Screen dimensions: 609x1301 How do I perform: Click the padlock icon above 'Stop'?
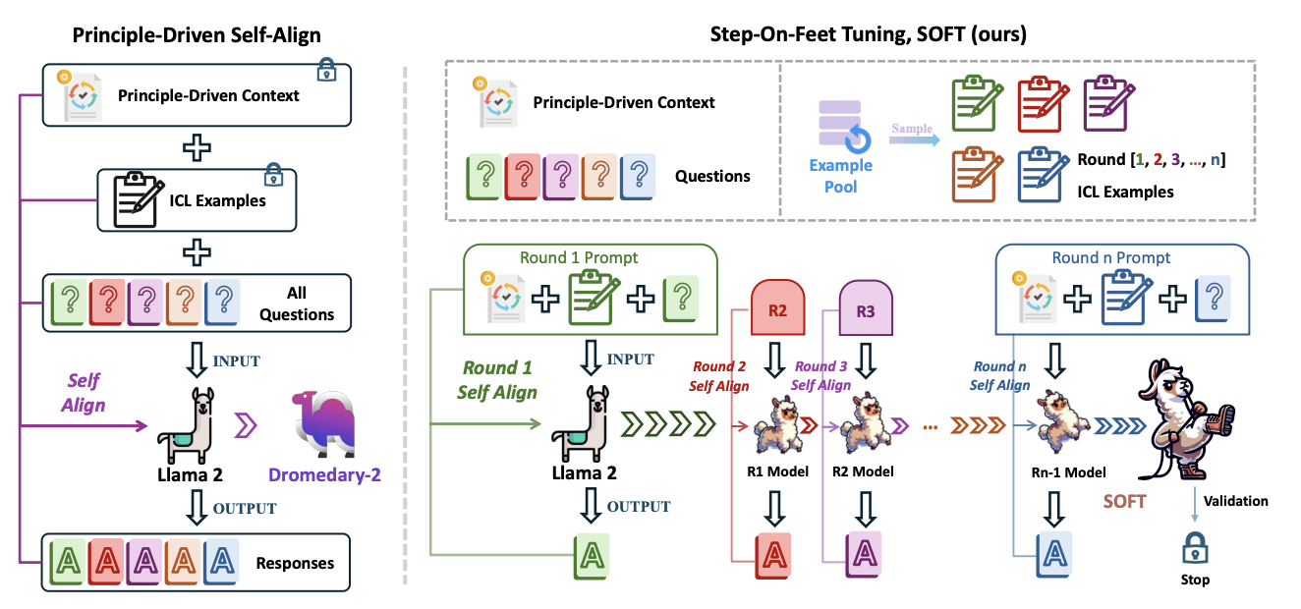(x=1194, y=547)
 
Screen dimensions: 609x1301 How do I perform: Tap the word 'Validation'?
(x=1235, y=501)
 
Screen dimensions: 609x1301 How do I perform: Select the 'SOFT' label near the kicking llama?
(x=1124, y=501)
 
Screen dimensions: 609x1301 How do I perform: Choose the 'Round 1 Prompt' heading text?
(x=579, y=258)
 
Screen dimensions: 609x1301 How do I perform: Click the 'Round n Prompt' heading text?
(x=1111, y=258)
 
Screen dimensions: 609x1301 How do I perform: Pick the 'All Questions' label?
(x=297, y=304)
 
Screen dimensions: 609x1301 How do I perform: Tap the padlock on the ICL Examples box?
(x=273, y=177)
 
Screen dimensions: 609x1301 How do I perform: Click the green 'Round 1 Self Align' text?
(x=497, y=380)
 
